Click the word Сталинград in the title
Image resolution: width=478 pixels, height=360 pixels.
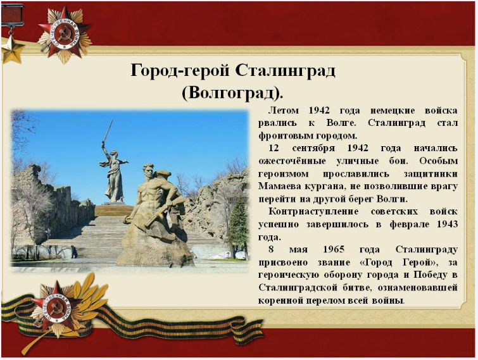286,71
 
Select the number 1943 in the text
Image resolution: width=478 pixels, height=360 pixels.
447,224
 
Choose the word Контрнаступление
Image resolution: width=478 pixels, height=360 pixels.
313,211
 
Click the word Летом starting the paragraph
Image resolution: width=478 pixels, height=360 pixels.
284,110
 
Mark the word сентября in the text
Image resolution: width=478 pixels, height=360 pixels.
313,148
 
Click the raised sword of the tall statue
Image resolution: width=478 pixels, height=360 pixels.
108,131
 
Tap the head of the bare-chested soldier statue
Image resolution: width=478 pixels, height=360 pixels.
148,171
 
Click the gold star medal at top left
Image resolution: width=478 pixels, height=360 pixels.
12,49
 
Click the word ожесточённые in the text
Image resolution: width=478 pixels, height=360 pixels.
292,161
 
